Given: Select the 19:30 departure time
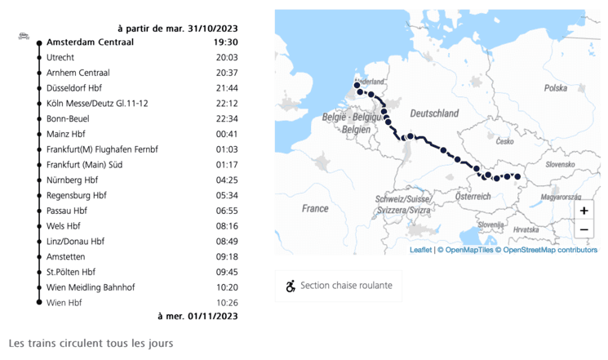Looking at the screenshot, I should click(x=225, y=42).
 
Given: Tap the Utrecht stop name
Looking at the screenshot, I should click(x=61, y=57).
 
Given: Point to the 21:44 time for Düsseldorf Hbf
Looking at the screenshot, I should click(x=226, y=88).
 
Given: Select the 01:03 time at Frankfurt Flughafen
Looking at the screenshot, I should click(x=226, y=149).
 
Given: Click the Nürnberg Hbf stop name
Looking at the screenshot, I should click(x=73, y=180).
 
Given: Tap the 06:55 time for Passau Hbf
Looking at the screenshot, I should click(x=226, y=211).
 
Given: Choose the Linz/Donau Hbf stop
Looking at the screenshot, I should click(x=76, y=242).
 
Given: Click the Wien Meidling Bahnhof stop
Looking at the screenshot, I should click(x=91, y=287).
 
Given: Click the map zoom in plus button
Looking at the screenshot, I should click(x=584, y=211).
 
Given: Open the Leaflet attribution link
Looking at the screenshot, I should click(x=421, y=250).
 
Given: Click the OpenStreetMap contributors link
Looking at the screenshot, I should click(x=550, y=250).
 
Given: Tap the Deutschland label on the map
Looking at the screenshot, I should click(x=433, y=113).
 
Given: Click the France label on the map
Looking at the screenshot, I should click(x=315, y=208).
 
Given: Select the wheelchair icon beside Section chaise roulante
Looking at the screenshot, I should click(x=291, y=286).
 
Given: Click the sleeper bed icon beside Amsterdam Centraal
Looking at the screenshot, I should click(x=24, y=37).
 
